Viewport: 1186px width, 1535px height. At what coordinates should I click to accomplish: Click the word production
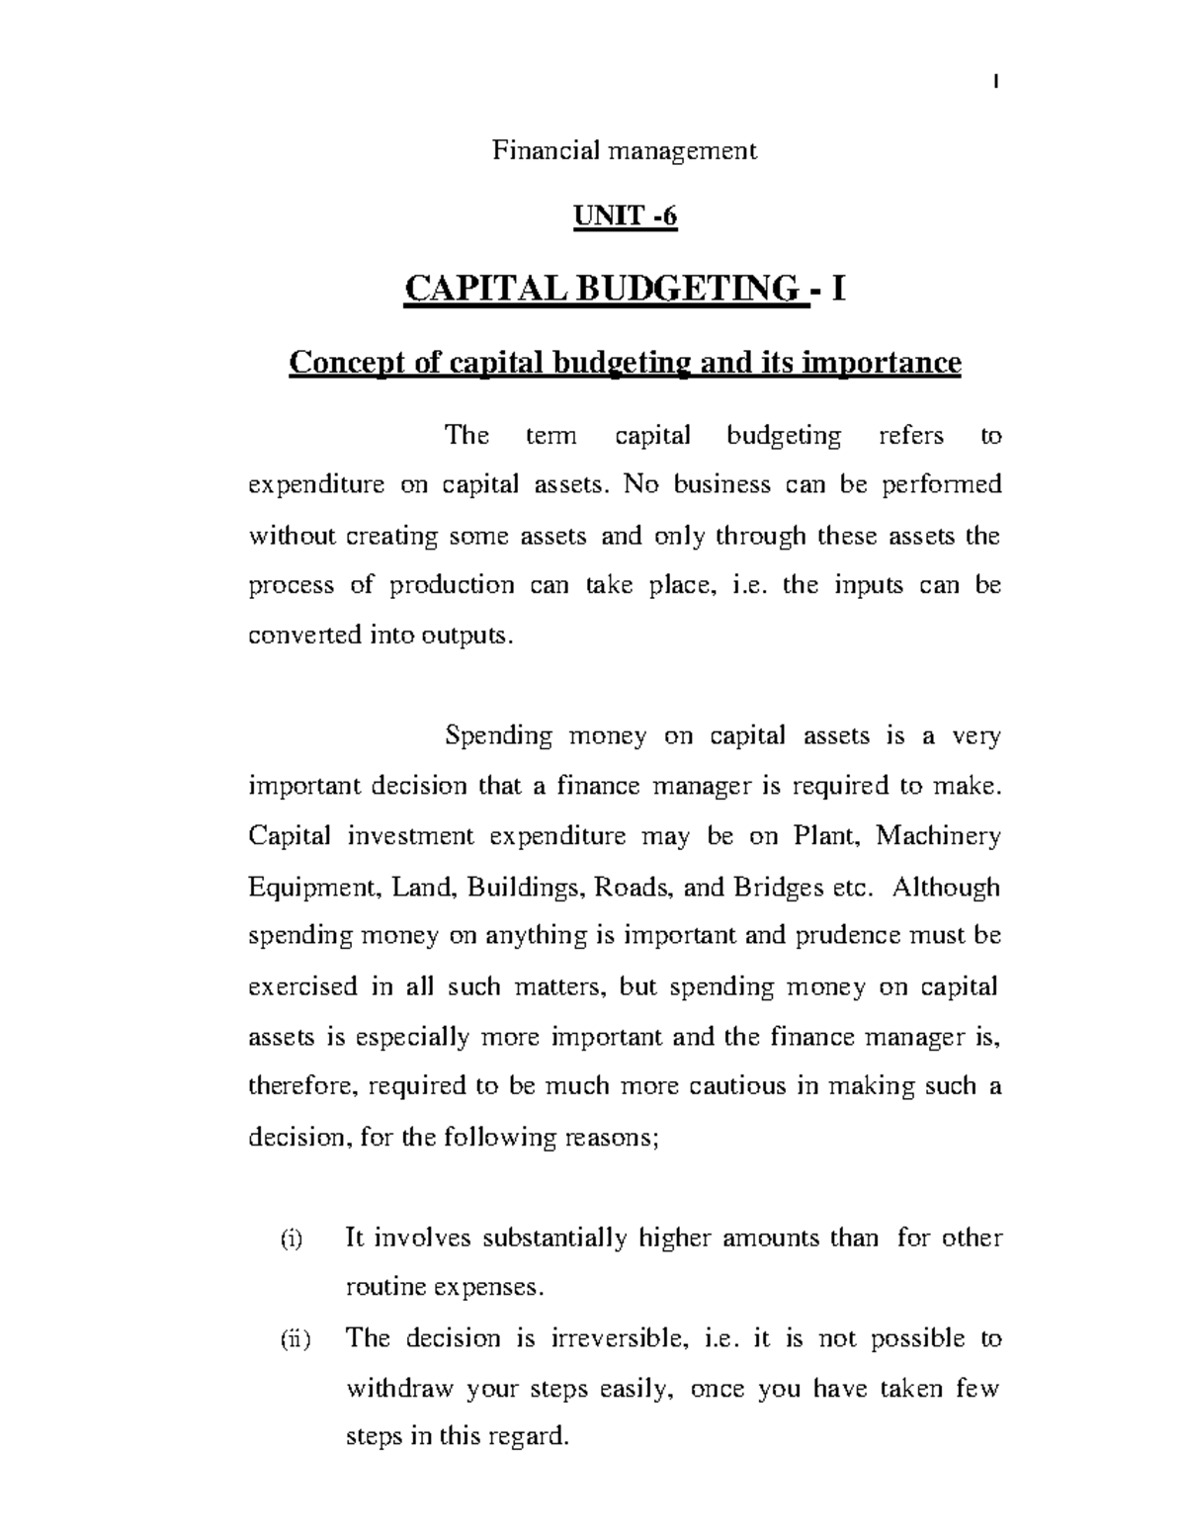(x=452, y=585)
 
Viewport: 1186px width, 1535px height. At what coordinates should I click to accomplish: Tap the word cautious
(x=726, y=1086)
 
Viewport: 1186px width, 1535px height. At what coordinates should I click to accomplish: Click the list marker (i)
(x=293, y=1238)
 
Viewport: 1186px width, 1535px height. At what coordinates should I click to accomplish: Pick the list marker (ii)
(x=294, y=1339)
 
